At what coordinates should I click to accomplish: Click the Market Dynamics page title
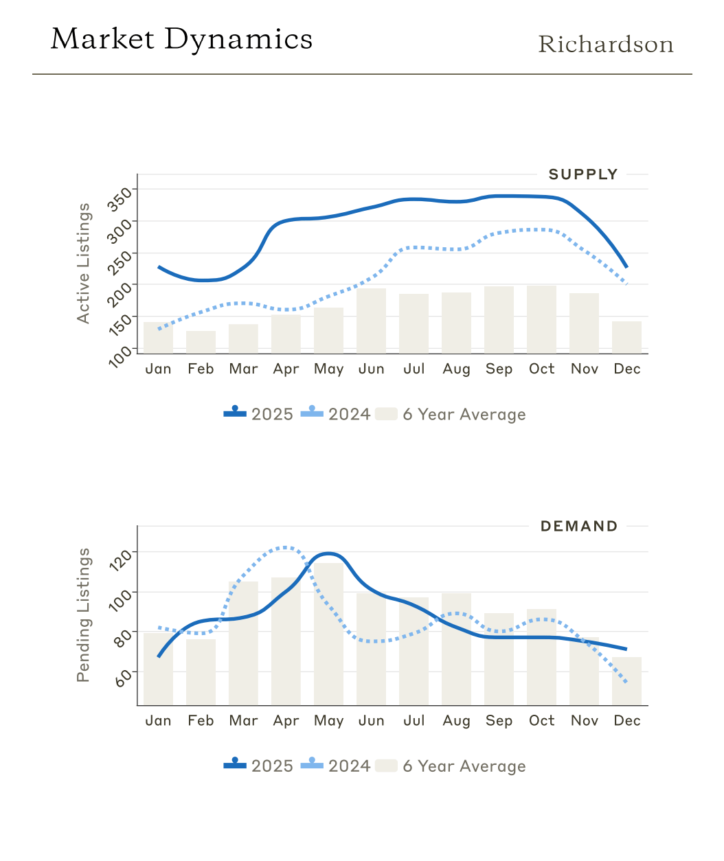click(181, 39)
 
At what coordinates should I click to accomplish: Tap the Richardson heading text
click(605, 45)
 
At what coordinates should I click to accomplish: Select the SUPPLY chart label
click(583, 174)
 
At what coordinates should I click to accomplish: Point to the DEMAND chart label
click(579, 527)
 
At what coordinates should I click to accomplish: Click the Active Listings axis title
click(83, 263)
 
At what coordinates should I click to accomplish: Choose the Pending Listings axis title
click(83, 615)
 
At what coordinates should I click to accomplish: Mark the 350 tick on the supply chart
click(122, 196)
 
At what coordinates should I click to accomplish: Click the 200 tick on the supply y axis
click(122, 291)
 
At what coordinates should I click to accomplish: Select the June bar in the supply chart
click(371, 321)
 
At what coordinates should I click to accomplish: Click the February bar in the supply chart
click(201, 342)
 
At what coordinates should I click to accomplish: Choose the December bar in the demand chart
click(626, 680)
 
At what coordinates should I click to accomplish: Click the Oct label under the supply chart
click(541, 369)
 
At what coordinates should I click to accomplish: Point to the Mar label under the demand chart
click(243, 721)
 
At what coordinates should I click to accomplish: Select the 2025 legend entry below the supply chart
click(259, 414)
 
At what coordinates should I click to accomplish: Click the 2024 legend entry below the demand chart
click(336, 766)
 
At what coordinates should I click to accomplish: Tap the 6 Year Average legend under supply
click(452, 414)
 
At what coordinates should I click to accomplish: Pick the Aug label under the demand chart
click(456, 721)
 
